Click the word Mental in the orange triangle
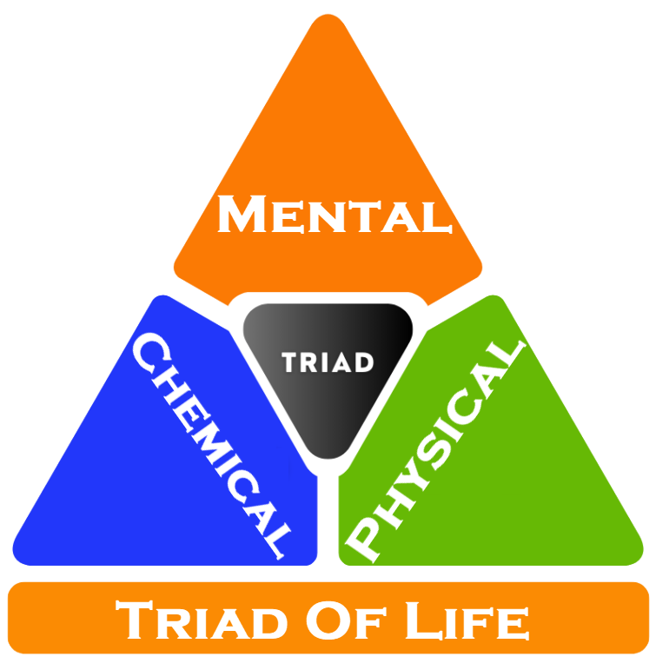point(335,215)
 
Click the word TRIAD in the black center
point(328,362)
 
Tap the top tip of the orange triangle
point(327,19)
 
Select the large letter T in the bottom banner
point(136,620)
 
